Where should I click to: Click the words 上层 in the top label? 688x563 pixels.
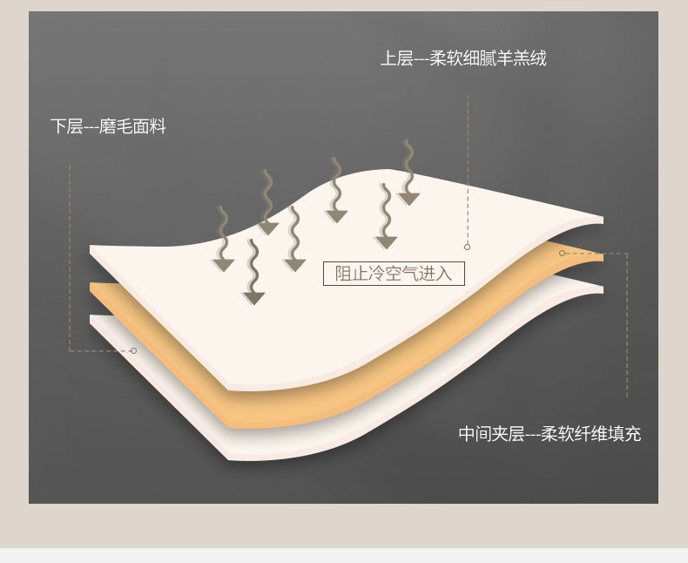click(x=396, y=59)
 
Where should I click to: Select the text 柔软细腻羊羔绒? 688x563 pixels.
click(x=488, y=59)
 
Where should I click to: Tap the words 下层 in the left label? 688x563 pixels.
click(x=66, y=127)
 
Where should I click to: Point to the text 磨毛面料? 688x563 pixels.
click(x=132, y=127)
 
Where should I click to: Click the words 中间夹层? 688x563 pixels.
click(x=491, y=434)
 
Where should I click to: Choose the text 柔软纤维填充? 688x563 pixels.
click(x=590, y=434)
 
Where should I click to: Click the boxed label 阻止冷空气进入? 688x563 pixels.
click(x=394, y=274)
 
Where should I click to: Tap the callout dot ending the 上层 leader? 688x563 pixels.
click(x=467, y=247)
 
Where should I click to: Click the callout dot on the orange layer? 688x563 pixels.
click(x=562, y=254)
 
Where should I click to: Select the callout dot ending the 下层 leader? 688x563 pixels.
click(x=133, y=350)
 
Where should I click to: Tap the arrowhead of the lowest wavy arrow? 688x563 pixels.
click(x=253, y=298)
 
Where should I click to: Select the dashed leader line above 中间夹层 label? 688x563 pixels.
click(x=626, y=331)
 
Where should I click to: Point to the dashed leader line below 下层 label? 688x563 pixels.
click(x=70, y=261)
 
